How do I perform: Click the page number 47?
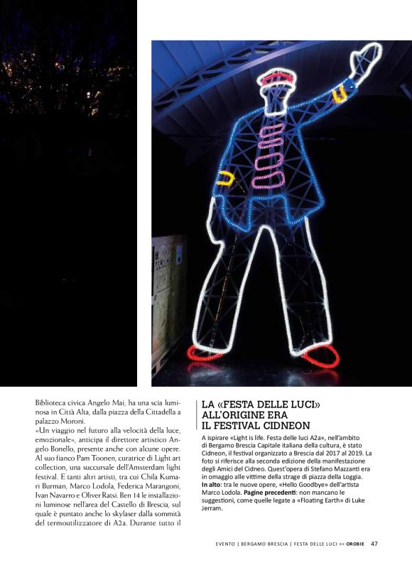pyautogui.click(x=374, y=544)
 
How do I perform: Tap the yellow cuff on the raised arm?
pyautogui.click(x=340, y=93)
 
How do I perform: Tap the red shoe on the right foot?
pyautogui.click(x=320, y=358)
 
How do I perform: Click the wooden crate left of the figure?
pyautogui.click(x=168, y=298)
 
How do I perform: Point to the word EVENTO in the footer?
pyautogui.click(x=228, y=544)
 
